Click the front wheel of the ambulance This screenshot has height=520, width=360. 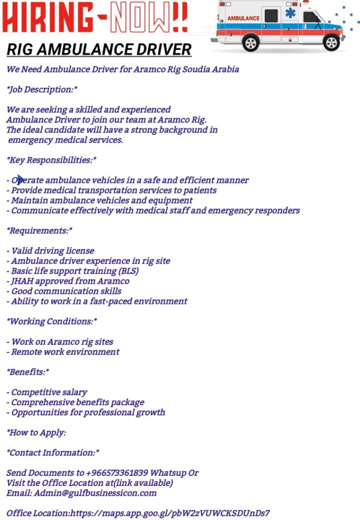(x=332, y=42)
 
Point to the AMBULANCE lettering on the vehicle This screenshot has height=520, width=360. (x=243, y=18)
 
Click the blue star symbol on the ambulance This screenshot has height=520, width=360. (x=290, y=13)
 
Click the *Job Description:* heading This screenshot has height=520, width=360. (x=42, y=89)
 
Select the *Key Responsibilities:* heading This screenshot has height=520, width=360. (x=51, y=160)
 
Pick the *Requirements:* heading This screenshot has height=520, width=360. (x=40, y=231)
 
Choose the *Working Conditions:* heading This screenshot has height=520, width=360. (x=52, y=321)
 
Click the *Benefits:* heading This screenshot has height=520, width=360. (x=28, y=372)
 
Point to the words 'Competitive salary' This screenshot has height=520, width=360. (x=49, y=392)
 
